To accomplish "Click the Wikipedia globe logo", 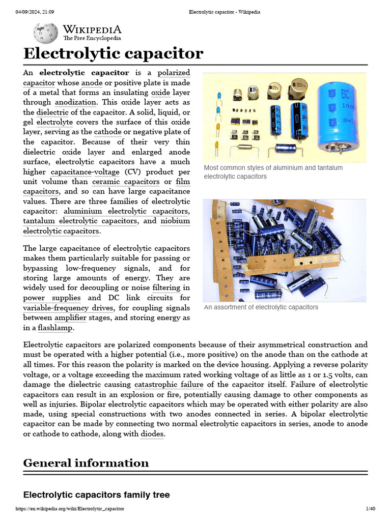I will [46, 33].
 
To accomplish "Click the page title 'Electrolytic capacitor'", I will [113, 53].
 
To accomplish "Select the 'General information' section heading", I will [86, 463].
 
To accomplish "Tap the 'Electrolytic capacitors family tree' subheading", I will [96, 495].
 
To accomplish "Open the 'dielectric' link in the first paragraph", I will [52, 112].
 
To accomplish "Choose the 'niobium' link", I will [175, 221].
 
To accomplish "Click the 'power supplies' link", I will [52, 298].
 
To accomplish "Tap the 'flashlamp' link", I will [55, 328].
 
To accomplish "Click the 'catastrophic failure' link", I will [169, 384].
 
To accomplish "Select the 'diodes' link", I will [152, 434].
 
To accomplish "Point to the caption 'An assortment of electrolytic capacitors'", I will [261, 307].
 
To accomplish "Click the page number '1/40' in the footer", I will [370, 509].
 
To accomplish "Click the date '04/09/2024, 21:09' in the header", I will [35, 12].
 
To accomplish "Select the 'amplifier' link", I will [70, 318].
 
